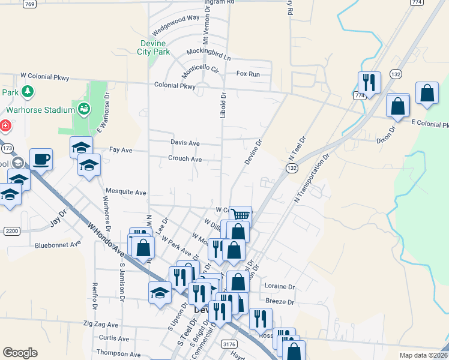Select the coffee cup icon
(x=41, y=159)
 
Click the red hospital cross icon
(x=4, y=126)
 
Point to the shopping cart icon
(x=240, y=215)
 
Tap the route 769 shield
(x=29, y=4)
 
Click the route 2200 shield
(x=11, y=231)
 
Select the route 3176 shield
(x=228, y=344)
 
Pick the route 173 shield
(x=7, y=148)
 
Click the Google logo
(x=20, y=353)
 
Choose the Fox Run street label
(x=248, y=74)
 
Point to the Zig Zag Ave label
(x=102, y=323)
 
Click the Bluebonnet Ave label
(x=58, y=245)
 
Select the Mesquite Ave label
(x=126, y=193)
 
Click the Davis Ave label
(x=185, y=143)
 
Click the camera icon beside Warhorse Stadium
(x=83, y=109)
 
